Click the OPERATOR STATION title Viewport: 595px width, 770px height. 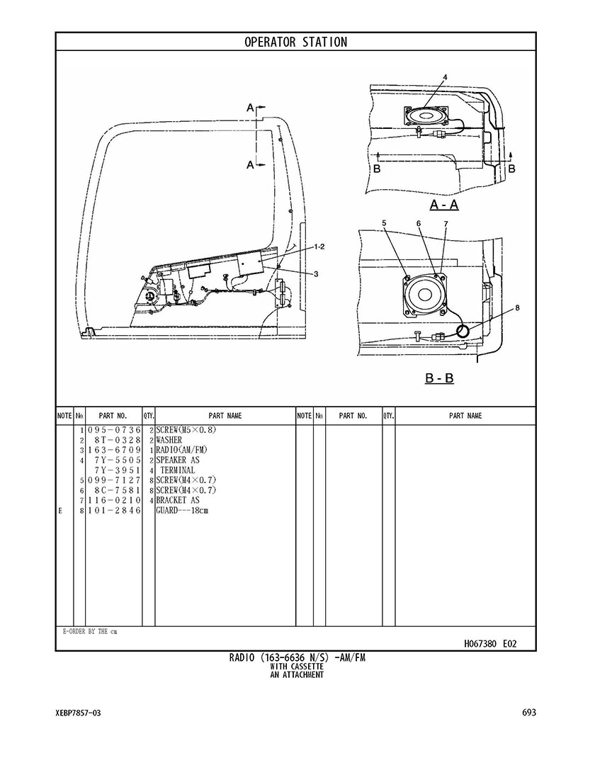point(295,42)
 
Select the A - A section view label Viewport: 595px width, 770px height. point(444,205)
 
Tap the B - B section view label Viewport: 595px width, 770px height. point(439,378)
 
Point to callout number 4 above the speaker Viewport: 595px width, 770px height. point(445,77)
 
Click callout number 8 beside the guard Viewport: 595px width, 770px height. point(518,307)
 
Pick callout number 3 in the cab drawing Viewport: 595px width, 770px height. point(316,273)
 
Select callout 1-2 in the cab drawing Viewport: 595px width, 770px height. point(319,246)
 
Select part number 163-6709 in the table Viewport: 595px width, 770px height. point(115,451)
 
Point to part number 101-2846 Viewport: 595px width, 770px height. point(115,510)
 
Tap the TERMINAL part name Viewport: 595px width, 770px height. point(177,470)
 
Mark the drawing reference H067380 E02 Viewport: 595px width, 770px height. point(490,644)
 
